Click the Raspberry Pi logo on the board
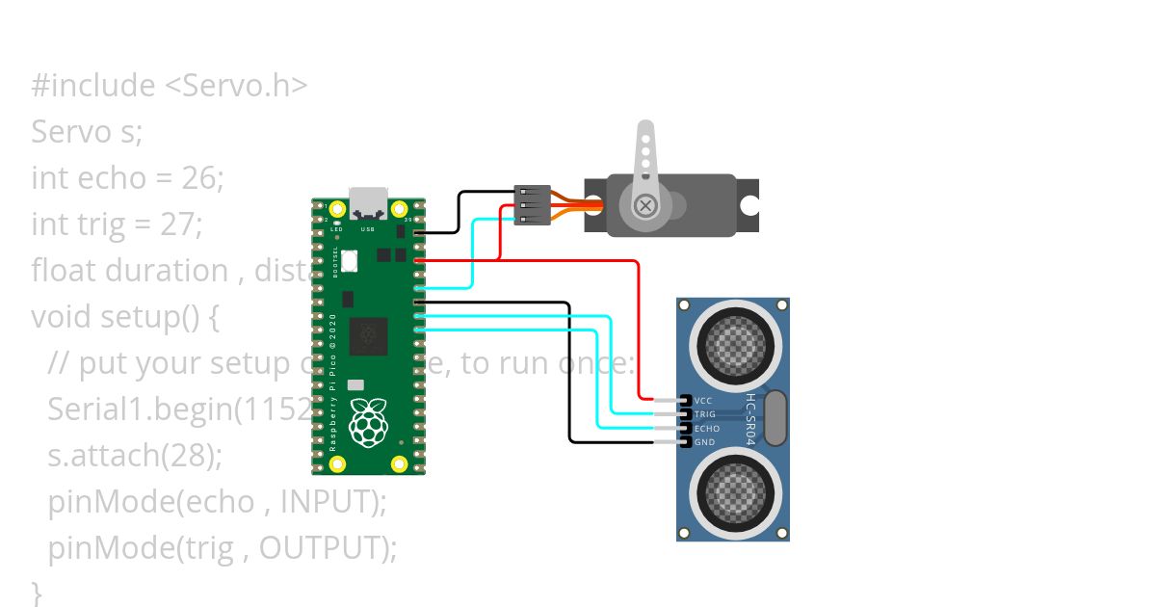click(x=368, y=424)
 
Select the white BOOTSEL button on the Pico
click(x=349, y=260)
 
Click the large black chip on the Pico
click(x=368, y=336)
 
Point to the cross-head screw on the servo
click(x=644, y=204)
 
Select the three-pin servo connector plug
click(x=533, y=205)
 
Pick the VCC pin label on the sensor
click(x=702, y=400)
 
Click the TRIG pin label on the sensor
click(x=704, y=414)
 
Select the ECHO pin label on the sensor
click(x=706, y=428)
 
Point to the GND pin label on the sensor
click(x=703, y=442)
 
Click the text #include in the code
click(x=92, y=86)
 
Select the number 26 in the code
click(x=197, y=178)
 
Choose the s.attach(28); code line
click(x=135, y=456)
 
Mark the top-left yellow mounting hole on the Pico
click(x=336, y=210)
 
